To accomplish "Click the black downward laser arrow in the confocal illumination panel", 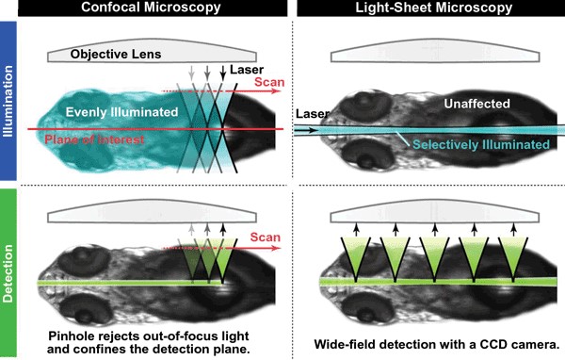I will click(x=223, y=72).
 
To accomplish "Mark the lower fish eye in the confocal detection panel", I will click(x=76, y=312).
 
